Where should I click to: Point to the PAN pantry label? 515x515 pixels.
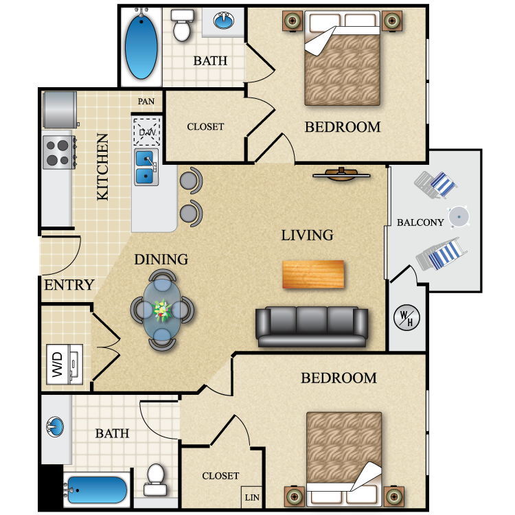click(146, 102)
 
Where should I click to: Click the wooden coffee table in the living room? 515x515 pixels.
click(313, 275)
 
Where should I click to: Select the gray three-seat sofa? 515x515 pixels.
click(312, 326)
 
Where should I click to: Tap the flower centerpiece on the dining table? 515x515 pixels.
click(162, 311)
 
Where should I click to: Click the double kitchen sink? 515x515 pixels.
click(146, 168)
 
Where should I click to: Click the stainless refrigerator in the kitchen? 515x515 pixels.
click(59, 110)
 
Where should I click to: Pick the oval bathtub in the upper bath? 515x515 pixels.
click(141, 47)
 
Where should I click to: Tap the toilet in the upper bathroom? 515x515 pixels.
click(182, 26)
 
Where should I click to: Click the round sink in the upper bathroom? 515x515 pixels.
click(223, 21)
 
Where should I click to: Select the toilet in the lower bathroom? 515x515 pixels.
click(156, 479)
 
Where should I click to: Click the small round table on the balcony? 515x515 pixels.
click(459, 217)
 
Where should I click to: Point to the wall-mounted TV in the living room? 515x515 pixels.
click(342, 174)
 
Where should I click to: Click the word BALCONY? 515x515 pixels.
click(420, 222)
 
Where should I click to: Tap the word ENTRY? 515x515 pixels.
click(69, 285)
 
